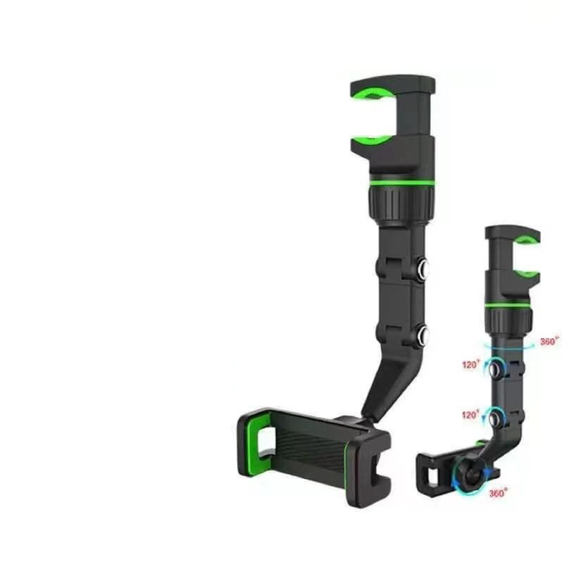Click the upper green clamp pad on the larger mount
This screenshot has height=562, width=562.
pos(373,93)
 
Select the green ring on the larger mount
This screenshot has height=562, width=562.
pos(402,183)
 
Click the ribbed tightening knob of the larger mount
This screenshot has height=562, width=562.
pos(401,205)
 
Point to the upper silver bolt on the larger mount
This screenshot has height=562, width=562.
pos(423,268)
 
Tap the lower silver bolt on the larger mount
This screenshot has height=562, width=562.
pos(423,335)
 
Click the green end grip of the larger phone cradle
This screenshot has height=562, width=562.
pos(255,444)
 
